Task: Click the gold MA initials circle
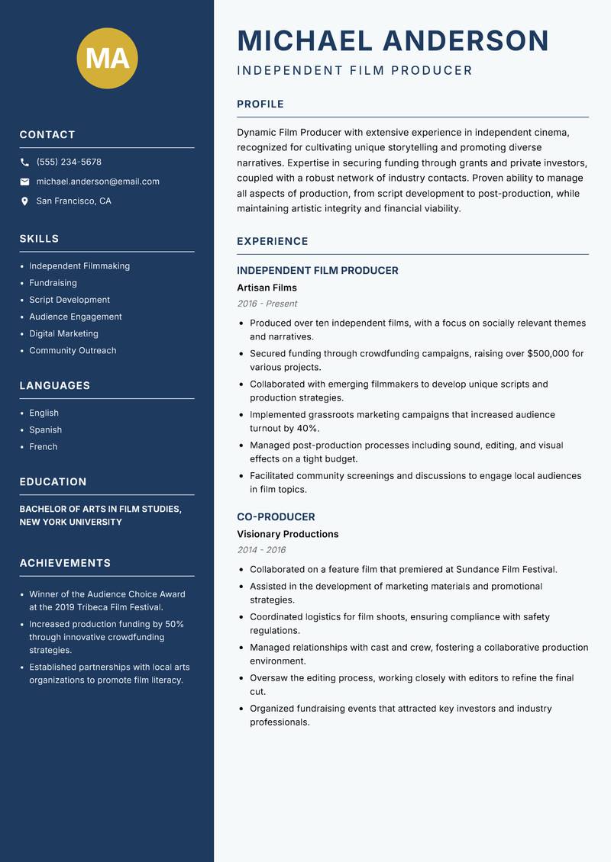(108, 58)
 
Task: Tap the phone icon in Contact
(24, 162)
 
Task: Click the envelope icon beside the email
(24, 182)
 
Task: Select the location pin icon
(24, 201)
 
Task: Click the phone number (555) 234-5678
(69, 162)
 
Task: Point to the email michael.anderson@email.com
(98, 182)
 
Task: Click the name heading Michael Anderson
(393, 40)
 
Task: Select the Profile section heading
(260, 105)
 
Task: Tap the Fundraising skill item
(53, 283)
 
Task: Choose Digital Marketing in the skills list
(63, 333)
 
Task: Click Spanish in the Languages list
(45, 430)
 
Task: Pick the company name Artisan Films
(267, 288)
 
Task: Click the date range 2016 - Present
(267, 304)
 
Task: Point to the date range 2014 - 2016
(261, 550)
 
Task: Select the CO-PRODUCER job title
(276, 517)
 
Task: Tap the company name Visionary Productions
(287, 535)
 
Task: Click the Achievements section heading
(65, 564)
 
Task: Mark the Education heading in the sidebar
(53, 482)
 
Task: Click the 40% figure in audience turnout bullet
(306, 429)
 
